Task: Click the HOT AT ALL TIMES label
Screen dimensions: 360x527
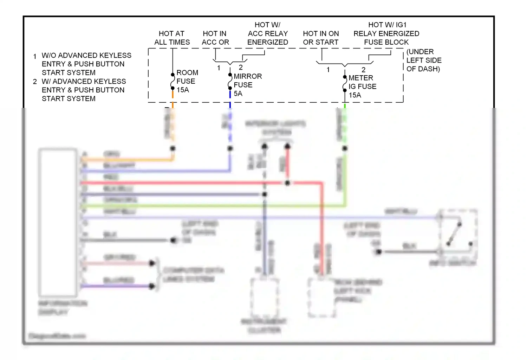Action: point(172,38)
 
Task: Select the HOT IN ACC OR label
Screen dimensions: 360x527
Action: point(215,38)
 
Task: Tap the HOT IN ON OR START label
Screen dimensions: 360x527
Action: point(321,38)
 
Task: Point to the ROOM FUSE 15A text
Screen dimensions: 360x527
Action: point(187,81)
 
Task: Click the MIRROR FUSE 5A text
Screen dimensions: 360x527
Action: point(247,85)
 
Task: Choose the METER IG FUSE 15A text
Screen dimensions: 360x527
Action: point(362,86)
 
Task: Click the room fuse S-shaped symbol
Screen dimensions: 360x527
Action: point(173,82)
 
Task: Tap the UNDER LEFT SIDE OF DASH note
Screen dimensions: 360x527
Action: point(423,60)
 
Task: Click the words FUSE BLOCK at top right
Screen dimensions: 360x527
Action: point(386,42)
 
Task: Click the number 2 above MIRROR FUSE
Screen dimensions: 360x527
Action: point(241,67)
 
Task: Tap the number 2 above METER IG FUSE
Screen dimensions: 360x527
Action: point(363,70)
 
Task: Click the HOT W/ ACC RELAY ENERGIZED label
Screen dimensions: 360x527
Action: point(267,34)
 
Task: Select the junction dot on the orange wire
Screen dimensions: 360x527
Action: point(173,148)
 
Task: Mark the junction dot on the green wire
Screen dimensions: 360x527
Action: point(345,148)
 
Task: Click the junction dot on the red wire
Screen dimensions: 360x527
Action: point(287,183)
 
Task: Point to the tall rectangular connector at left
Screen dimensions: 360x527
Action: point(58,223)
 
